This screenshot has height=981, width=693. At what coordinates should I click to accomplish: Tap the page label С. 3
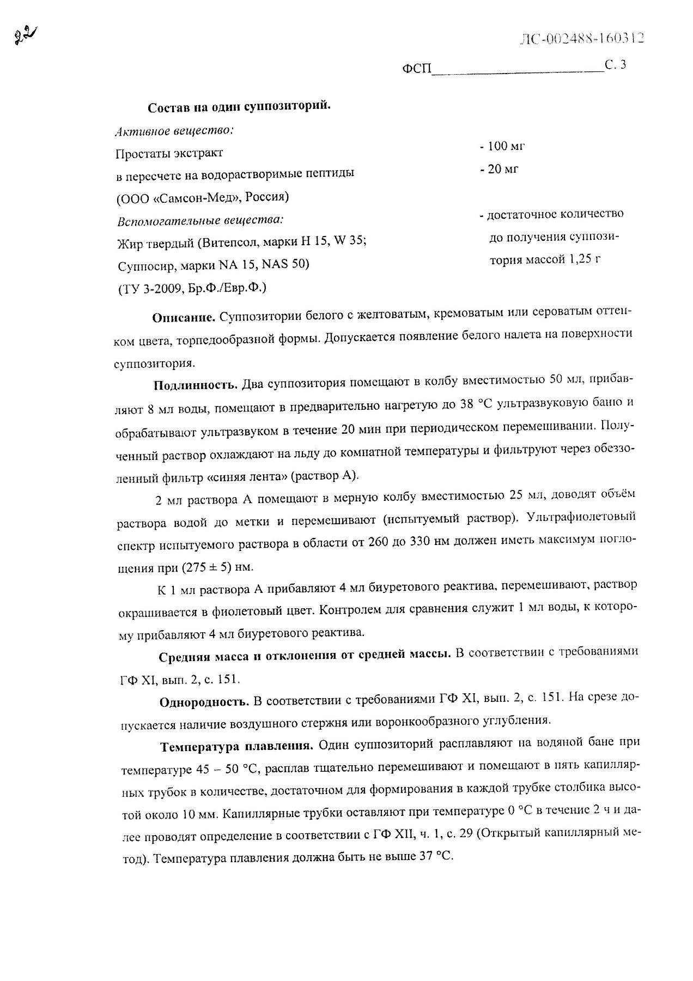tap(616, 65)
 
